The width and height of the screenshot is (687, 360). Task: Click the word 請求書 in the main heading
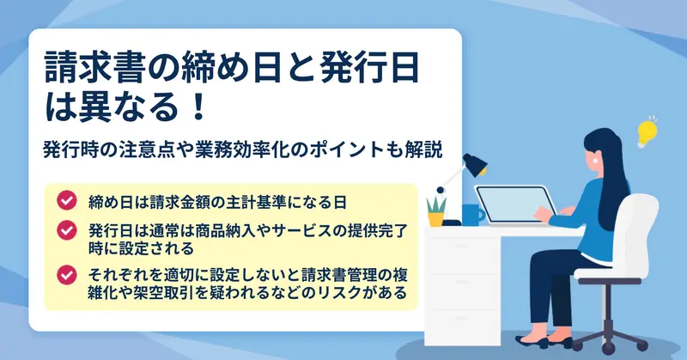coord(94,68)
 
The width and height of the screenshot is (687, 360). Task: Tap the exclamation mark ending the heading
coord(198,107)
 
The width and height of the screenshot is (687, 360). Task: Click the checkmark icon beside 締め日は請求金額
coord(67,200)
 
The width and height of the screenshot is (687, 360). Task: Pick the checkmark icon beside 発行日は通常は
coord(67,229)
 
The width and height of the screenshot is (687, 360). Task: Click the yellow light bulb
coord(647,131)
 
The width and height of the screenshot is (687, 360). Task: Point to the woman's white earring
coord(595,161)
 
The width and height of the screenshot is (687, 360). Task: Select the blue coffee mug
coord(473,215)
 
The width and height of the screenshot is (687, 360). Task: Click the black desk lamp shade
coord(475,164)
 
